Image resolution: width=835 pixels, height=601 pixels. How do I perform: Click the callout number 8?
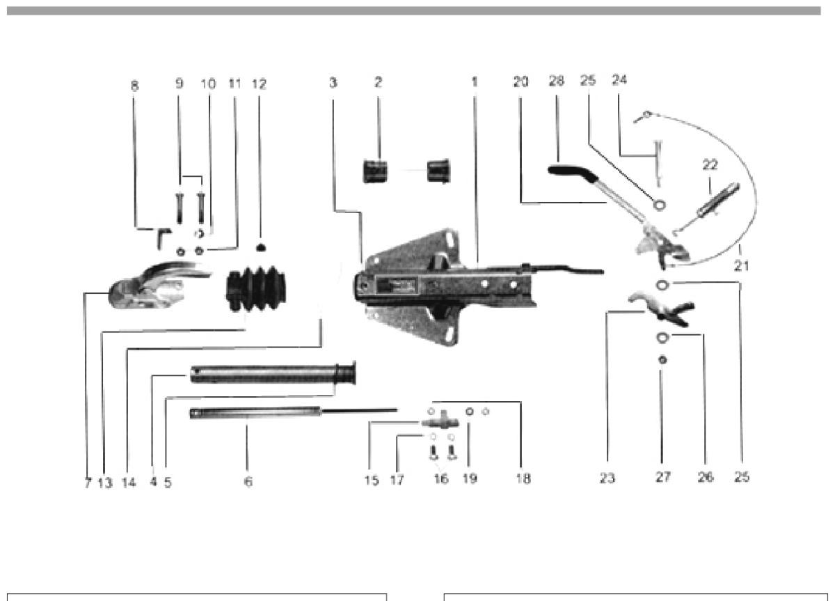click(x=134, y=86)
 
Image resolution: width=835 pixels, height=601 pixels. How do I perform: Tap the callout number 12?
click(x=259, y=84)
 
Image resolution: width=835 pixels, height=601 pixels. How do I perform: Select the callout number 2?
click(x=378, y=82)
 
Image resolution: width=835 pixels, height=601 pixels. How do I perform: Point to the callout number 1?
click(x=474, y=82)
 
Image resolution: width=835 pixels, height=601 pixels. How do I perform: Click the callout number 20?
click(x=520, y=81)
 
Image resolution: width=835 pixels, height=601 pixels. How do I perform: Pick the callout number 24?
click(x=619, y=80)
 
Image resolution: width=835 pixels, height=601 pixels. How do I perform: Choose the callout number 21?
click(x=742, y=266)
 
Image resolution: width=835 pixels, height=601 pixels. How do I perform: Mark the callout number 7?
click(x=88, y=483)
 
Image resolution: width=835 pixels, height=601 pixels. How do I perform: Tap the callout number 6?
click(x=248, y=482)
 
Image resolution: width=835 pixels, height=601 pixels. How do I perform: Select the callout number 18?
click(x=523, y=478)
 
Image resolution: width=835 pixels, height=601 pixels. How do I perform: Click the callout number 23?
click(x=607, y=478)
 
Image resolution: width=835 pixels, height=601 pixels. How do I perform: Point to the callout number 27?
click(x=662, y=477)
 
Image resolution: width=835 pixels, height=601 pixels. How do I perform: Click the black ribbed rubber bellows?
click(x=256, y=289)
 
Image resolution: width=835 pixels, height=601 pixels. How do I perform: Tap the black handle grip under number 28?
click(x=572, y=173)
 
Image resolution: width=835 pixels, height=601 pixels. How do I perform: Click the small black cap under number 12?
click(x=260, y=247)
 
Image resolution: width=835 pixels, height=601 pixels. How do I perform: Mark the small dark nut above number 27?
click(x=662, y=360)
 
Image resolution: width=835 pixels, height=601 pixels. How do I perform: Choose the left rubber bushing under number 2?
click(x=375, y=171)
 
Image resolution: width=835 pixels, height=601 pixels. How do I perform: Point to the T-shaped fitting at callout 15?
click(x=440, y=422)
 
